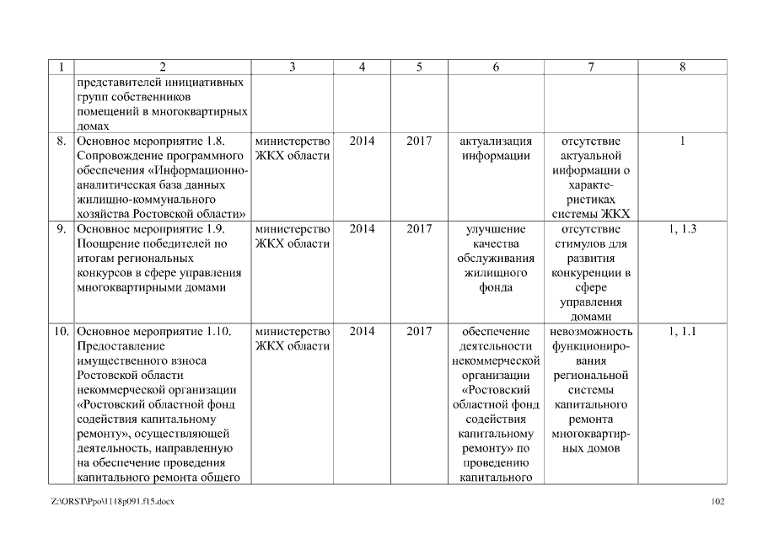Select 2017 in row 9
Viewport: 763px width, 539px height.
[419, 229]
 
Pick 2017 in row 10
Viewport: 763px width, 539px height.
[419, 332]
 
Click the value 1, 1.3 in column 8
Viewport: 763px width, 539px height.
[683, 229]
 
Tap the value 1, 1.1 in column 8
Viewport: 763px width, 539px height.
[683, 332]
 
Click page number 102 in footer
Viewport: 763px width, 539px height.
[718, 503]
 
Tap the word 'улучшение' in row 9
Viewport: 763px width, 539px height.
[496, 229]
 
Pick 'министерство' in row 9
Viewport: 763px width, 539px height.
[292, 229]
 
